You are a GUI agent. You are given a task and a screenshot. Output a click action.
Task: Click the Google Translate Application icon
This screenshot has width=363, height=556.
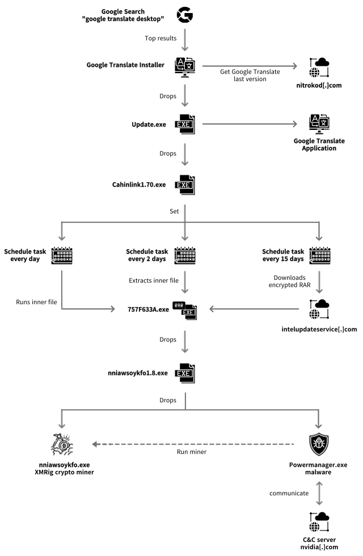click(317, 124)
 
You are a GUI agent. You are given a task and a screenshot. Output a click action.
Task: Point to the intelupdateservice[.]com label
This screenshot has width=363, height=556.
click(319, 329)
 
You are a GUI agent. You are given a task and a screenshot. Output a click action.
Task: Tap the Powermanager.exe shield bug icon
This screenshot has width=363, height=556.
click(317, 444)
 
